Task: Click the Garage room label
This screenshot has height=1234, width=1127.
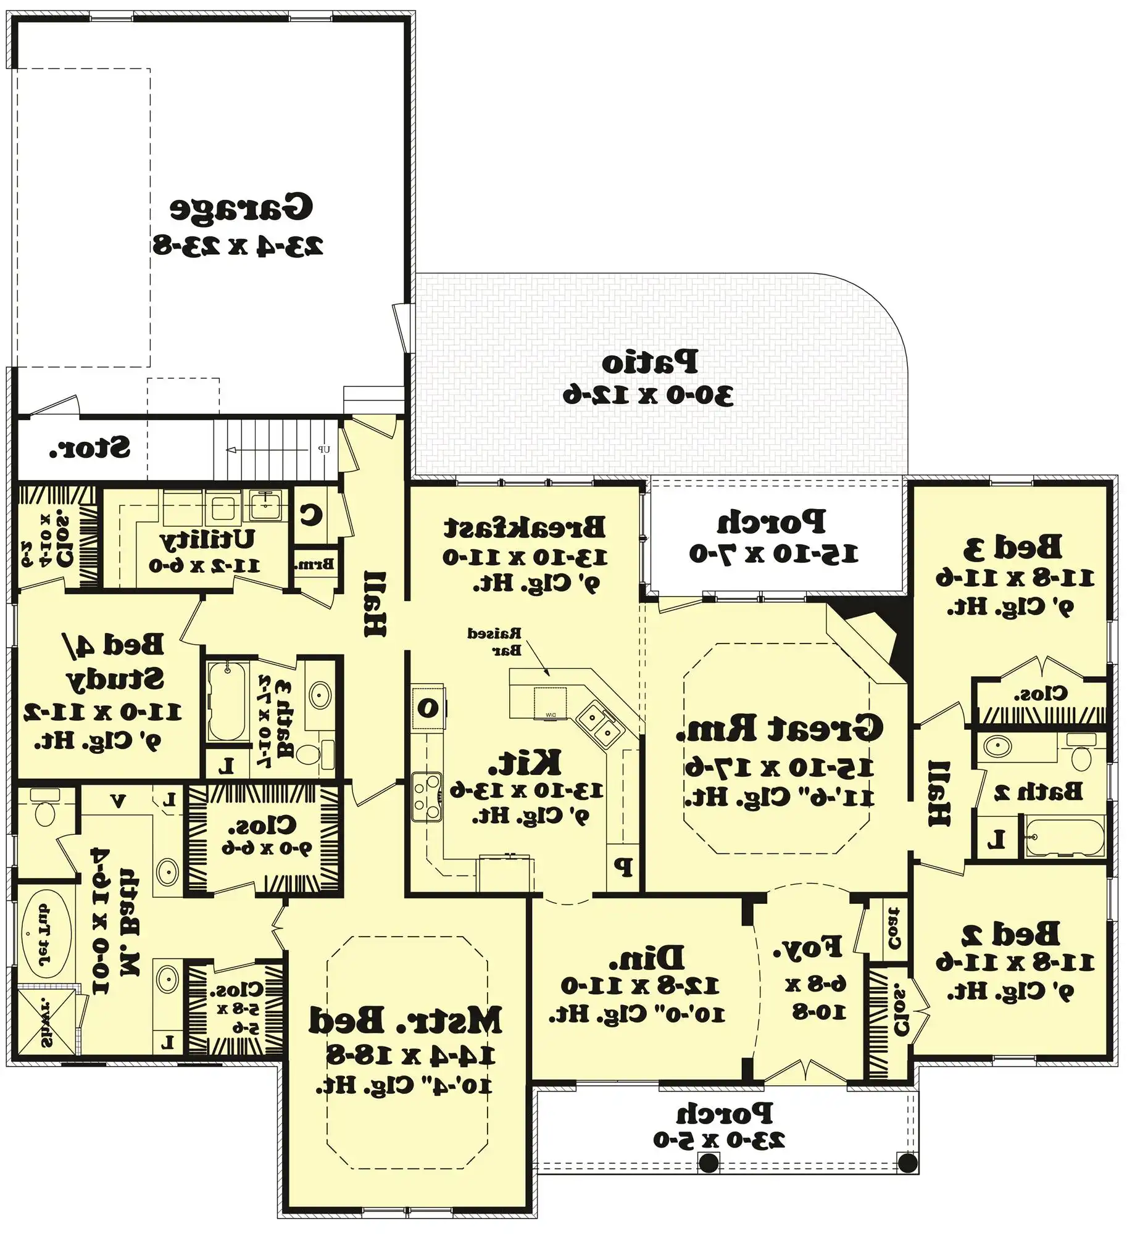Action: [241, 207]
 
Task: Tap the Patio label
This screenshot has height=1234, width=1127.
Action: [649, 362]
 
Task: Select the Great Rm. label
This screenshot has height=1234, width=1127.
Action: [779, 728]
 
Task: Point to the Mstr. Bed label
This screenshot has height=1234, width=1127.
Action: [405, 1020]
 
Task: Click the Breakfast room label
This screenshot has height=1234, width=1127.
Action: [525, 528]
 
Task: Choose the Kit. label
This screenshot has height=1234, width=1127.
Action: [525, 762]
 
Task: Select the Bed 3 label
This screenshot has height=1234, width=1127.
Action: [1013, 547]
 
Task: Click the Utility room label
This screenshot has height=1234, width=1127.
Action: [207, 540]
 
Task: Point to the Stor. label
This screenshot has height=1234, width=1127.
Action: [90, 448]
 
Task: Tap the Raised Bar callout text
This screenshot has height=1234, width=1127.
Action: [495, 641]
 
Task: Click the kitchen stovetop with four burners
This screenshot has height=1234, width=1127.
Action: [426, 796]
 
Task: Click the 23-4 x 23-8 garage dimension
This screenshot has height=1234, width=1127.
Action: [238, 246]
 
